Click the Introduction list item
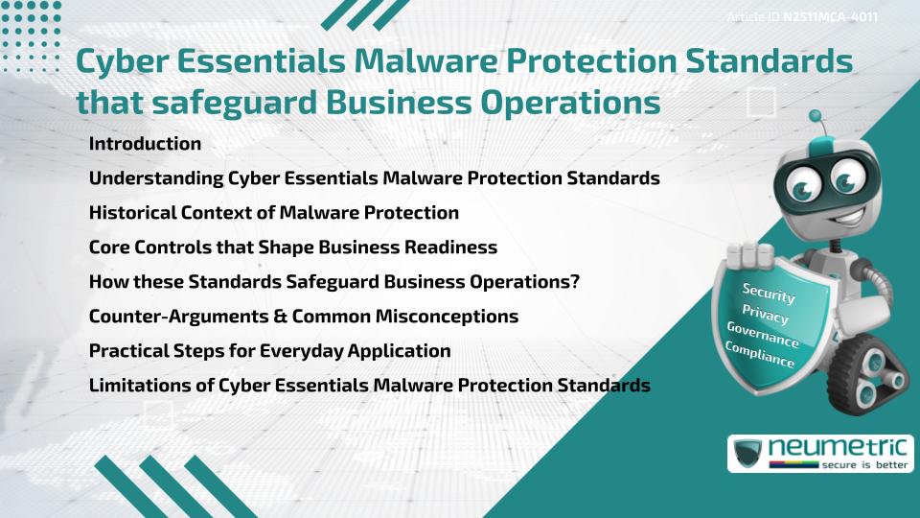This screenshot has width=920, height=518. (145, 144)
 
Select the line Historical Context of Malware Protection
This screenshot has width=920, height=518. (273, 212)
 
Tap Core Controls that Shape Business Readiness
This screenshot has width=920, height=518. (292, 247)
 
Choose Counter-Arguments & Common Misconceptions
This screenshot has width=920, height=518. (303, 316)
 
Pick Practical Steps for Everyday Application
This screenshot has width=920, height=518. (269, 350)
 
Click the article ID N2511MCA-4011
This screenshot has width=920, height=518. (829, 17)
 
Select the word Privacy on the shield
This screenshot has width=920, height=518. (765, 315)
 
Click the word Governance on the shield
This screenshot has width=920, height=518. (763, 336)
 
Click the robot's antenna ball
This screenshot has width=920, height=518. (816, 118)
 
